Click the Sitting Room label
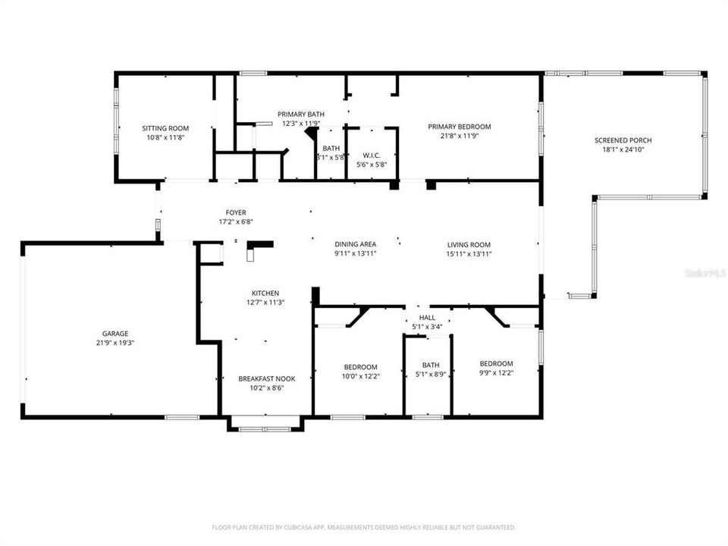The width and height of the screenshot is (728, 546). pyautogui.click(x=165, y=128)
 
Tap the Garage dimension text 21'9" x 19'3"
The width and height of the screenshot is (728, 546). pyautogui.click(x=115, y=343)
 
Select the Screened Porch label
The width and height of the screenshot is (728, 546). pyautogui.click(x=623, y=140)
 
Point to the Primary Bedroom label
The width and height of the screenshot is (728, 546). pyautogui.click(x=459, y=127)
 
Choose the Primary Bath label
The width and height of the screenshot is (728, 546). pyautogui.click(x=300, y=114)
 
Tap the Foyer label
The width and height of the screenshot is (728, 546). pyautogui.click(x=235, y=212)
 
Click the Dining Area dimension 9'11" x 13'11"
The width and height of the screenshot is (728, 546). pyautogui.click(x=356, y=253)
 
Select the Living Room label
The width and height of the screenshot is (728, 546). pyautogui.click(x=469, y=244)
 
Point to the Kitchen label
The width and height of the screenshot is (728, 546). pyautogui.click(x=265, y=293)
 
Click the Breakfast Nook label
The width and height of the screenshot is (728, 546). pyautogui.click(x=266, y=378)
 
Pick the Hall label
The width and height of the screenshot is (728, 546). pyautogui.click(x=427, y=318)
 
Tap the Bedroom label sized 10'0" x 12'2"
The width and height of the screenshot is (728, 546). pyautogui.click(x=360, y=367)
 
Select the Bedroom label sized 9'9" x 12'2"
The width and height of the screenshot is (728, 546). pyautogui.click(x=496, y=363)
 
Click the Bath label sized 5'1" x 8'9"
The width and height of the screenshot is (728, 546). pyautogui.click(x=430, y=364)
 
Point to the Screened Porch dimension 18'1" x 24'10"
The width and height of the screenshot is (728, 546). pyautogui.click(x=623, y=149)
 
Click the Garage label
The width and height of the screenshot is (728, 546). pyautogui.click(x=115, y=334)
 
